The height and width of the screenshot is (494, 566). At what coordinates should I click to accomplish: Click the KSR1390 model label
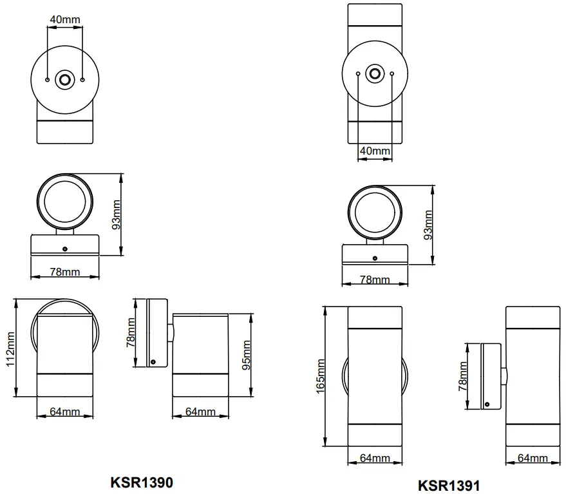(142, 482)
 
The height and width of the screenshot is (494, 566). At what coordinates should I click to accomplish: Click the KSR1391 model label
(449, 485)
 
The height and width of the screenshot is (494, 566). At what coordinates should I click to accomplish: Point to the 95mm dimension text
(245, 356)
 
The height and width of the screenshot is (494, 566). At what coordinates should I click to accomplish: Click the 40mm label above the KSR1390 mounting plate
(64, 19)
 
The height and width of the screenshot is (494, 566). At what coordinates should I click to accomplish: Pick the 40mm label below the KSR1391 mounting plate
(375, 151)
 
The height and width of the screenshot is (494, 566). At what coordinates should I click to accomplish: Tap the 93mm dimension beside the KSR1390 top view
(117, 214)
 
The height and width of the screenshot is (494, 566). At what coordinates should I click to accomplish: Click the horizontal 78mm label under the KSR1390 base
(64, 272)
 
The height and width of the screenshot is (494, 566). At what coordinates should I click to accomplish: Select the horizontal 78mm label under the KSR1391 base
(375, 280)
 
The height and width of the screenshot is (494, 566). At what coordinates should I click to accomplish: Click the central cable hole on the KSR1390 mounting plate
(65, 80)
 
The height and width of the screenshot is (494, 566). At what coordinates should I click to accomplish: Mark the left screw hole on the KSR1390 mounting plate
(48, 80)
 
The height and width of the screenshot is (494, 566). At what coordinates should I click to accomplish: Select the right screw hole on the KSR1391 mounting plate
(392, 74)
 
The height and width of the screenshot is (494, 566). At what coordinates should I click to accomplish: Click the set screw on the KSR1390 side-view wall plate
(153, 362)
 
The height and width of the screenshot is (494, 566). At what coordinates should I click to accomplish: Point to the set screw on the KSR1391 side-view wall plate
(487, 404)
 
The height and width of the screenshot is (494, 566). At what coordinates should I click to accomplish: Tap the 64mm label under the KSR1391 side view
(533, 458)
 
